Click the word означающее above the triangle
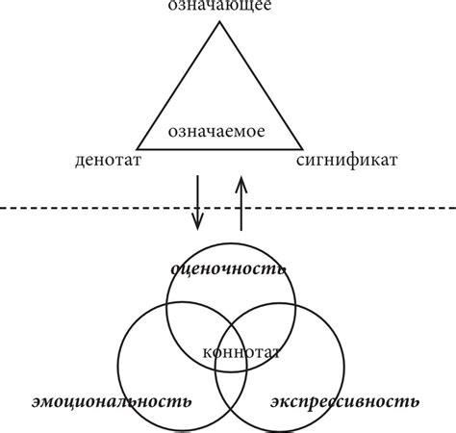pyautogui.click(x=219, y=6)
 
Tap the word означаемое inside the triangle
pyautogui.click(x=216, y=132)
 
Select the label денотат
pyautogui.click(x=109, y=160)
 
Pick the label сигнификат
pyautogui.click(x=347, y=160)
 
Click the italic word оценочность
pyautogui.click(x=228, y=268)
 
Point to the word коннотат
pyautogui.click(x=241, y=352)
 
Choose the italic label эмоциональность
pyautogui.click(x=112, y=401)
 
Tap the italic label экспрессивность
pyautogui.click(x=345, y=401)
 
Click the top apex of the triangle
pyautogui.click(x=219, y=22)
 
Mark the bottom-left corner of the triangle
pyautogui.click(x=138, y=149)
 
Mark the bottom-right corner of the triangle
pyautogui.click(x=302, y=149)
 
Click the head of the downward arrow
pyautogui.click(x=197, y=226)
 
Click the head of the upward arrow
pyautogui.click(x=241, y=180)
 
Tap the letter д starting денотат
pyautogui.click(x=81, y=161)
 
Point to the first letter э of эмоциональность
pyautogui.click(x=37, y=402)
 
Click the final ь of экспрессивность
pyautogui.click(x=414, y=402)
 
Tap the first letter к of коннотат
pyautogui.click(x=208, y=353)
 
